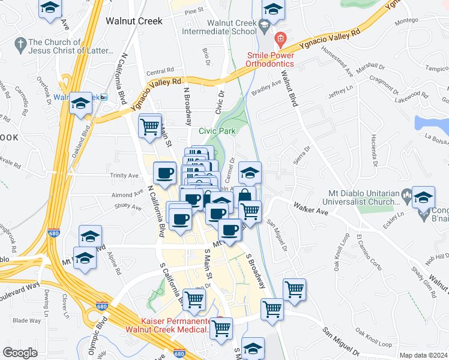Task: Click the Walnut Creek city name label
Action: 134,20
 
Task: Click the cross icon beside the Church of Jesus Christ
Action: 20,43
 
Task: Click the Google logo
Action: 20,353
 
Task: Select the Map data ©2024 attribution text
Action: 423,355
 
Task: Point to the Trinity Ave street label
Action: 124,176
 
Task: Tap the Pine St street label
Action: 194,11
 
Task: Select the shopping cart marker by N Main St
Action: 149,126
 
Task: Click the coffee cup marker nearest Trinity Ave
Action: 165,173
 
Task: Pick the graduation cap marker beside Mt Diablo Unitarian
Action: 423,198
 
